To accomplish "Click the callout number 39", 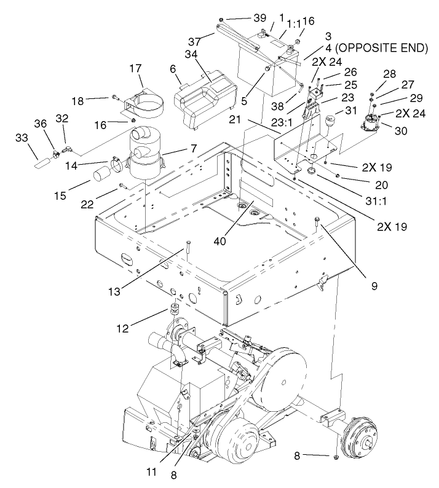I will click(x=244, y=18).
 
